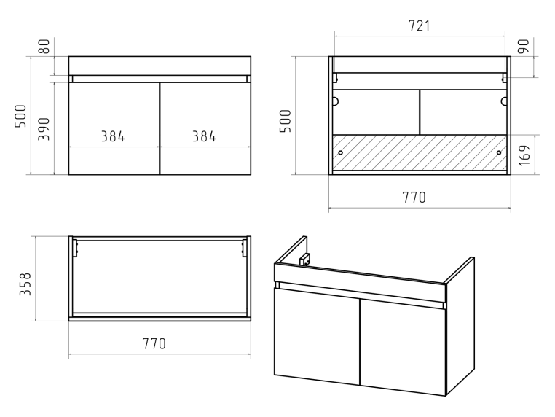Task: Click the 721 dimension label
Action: pos(419,26)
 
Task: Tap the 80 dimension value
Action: pos(44,47)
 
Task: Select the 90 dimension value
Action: pos(524,47)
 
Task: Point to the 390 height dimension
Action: pos(44,129)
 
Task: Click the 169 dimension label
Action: pos(524,155)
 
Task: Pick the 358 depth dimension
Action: pos(25,284)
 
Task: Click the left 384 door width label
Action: pos(113,136)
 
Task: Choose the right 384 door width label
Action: pos(204,136)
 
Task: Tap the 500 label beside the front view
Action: pos(20,116)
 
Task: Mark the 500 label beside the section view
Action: pos(286,121)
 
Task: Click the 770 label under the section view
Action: pos(414,198)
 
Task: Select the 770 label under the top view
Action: pos(154,343)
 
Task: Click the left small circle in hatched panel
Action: pos(341,152)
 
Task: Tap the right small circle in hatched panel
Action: pos(499,152)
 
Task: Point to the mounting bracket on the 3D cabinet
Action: pos(304,260)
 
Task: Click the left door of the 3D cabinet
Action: pos(317,337)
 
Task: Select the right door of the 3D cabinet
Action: pos(404,348)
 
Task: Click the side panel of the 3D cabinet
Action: pos(460,326)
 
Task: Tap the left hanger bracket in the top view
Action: pos(75,248)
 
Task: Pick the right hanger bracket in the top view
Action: pos(244,248)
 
